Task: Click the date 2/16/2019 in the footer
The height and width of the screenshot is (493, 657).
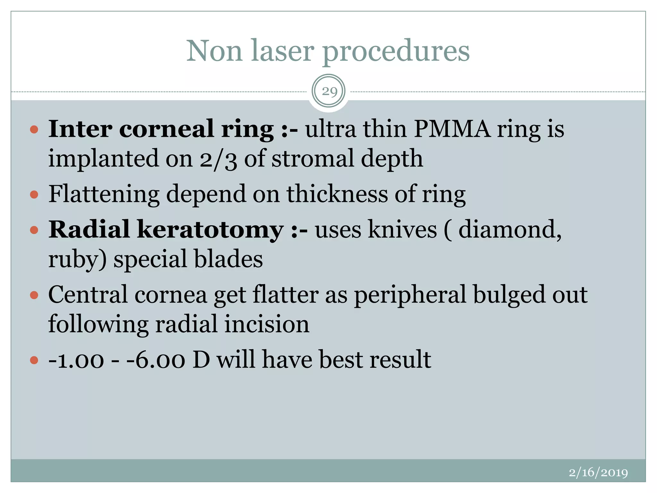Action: coord(598,472)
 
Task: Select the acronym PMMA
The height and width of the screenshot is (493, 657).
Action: coord(452,129)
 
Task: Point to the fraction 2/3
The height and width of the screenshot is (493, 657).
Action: coord(218,159)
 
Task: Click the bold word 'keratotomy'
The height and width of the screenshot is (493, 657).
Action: coord(210,230)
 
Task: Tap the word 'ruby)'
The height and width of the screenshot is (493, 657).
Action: coord(77,259)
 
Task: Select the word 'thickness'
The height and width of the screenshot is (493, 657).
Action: coord(337,194)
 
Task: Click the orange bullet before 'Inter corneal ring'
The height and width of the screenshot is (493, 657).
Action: coord(34,130)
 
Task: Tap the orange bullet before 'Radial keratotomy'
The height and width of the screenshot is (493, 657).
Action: coord(34,230)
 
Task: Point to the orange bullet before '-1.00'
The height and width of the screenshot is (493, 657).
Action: coord(34,360)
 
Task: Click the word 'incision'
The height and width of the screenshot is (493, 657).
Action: coord(267,324)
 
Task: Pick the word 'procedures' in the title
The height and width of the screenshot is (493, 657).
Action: coord(396,51)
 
